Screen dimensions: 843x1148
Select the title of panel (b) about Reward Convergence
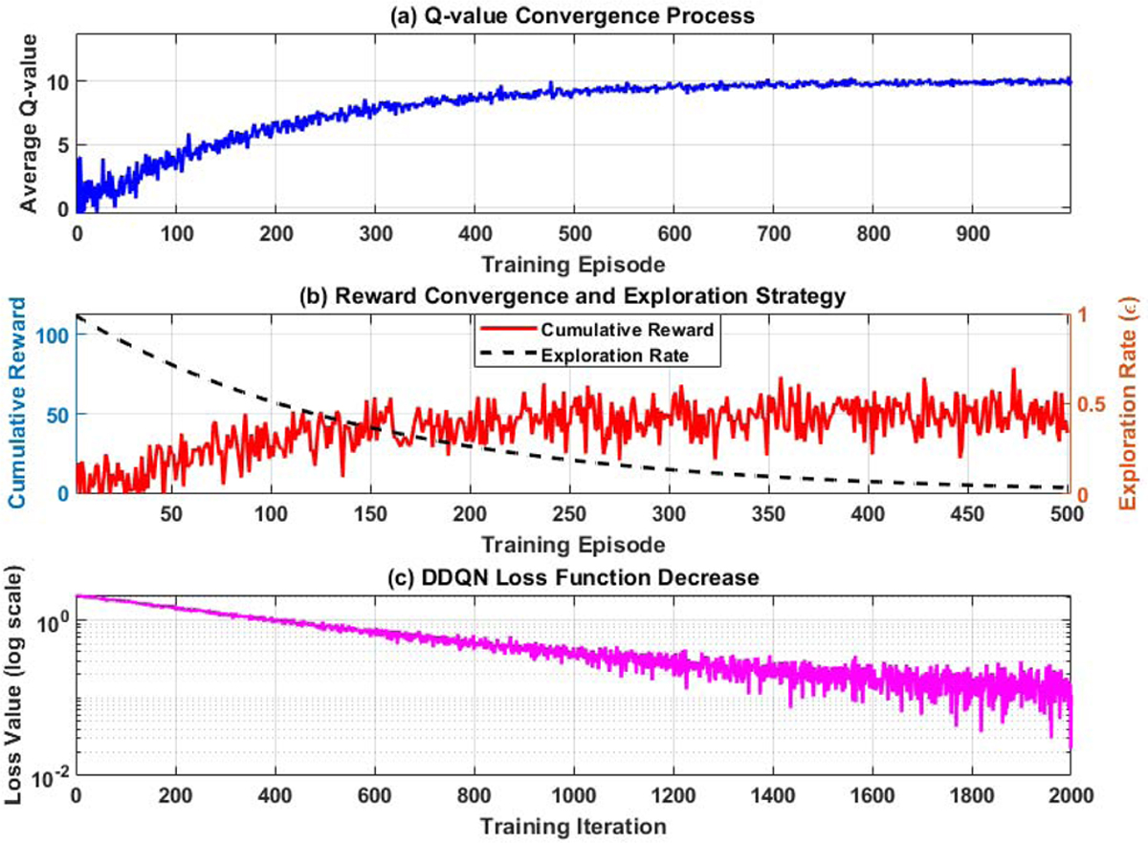tap(573, 296)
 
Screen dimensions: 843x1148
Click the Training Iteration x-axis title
tap(573, 824)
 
